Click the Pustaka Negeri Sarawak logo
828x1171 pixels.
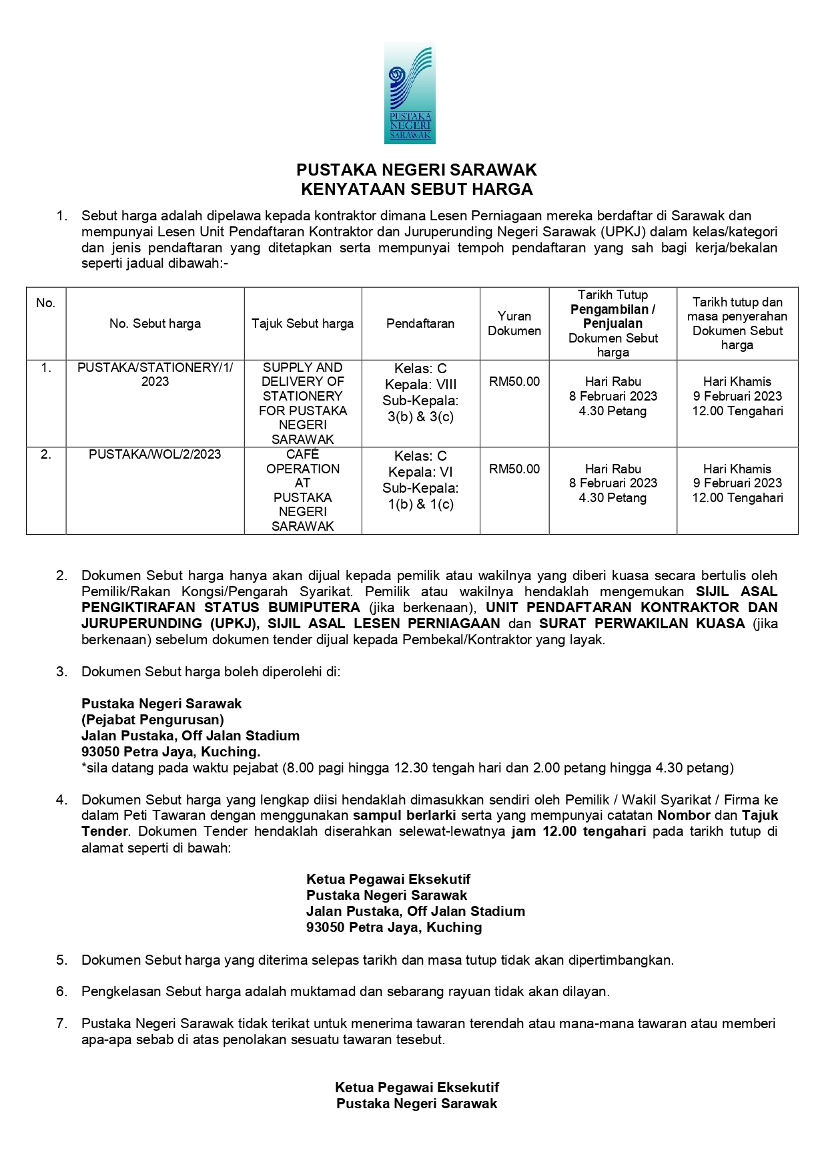(410, 93)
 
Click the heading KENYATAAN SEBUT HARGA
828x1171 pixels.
(416, 190)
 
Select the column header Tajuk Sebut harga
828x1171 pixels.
(302, 324)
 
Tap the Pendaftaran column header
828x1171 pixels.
(420, 324)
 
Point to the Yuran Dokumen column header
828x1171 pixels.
(514, 324)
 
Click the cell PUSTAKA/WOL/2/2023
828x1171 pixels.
(155, 455)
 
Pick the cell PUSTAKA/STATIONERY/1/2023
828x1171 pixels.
(155, 375)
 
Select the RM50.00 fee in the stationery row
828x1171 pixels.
(514, 382)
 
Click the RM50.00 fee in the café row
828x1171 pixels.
(514, 469)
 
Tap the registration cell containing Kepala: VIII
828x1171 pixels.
(420, 393)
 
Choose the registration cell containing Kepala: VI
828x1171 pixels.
(420, 480)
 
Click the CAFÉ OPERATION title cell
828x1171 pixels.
(302, 490)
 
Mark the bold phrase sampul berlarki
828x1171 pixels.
(404, 816)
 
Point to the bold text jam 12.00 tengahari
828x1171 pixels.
(578, 832)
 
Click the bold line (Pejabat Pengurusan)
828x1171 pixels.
(152, 720)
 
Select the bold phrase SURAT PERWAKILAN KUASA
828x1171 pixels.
(642, 624)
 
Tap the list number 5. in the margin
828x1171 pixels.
(61, 960)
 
